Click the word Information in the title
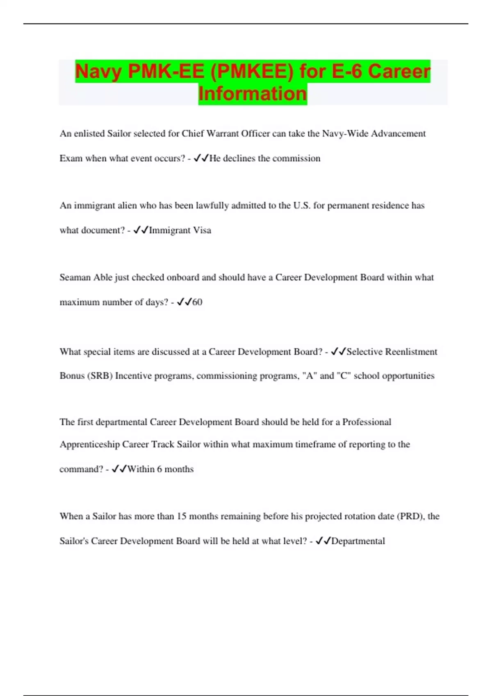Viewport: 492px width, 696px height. [x=253, y=93]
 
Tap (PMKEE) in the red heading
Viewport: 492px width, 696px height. [x=252, y=71]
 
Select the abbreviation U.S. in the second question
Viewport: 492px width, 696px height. [x=302, y=206]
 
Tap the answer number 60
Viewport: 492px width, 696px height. [x=197, y=302]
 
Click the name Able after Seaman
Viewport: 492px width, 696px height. [x=102, y=278]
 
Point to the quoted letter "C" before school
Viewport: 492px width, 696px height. [x=344, y=376]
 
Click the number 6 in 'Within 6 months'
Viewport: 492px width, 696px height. [x=159, y=469]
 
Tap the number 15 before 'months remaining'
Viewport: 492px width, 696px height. [x=182, y=516]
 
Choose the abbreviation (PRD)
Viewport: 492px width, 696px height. [x=410, y=516]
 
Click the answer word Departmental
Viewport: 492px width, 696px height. [x=358, y=541]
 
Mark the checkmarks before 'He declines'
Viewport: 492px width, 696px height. [x=201, y=158]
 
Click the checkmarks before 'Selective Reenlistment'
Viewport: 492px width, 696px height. [x=338, y=351]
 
